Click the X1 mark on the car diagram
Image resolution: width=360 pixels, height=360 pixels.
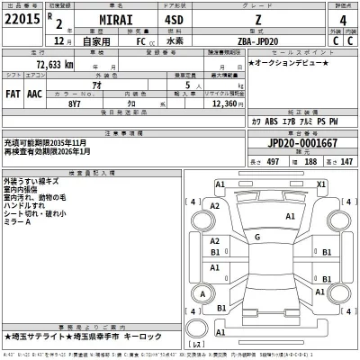click(x=320, y=184)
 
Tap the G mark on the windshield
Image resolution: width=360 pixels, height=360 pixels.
click(x=257, y=236)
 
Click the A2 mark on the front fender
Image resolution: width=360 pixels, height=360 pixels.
click(x=214, y=206)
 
